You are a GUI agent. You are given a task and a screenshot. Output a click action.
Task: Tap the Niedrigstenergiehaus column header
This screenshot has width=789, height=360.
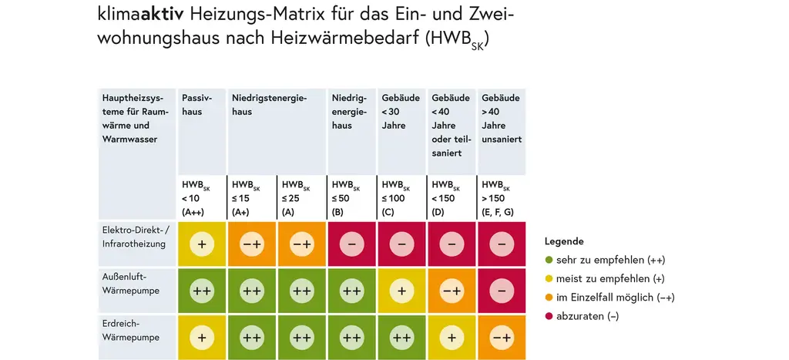coord(269,105)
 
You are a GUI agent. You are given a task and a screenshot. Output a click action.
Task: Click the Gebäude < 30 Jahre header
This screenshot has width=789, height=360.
coord(401,112)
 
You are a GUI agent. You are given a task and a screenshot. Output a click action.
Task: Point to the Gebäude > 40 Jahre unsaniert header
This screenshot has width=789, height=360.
coord(502,119)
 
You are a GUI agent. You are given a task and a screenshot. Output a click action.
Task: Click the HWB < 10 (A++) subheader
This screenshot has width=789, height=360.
coord(201,198)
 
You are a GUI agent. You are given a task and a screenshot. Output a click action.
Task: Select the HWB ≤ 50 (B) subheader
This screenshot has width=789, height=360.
coord(351,198)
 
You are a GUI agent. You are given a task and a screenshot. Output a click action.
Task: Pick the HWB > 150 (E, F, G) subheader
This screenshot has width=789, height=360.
coord(502,198)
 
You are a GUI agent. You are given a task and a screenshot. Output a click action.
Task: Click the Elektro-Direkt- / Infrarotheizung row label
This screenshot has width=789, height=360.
coord(135,237)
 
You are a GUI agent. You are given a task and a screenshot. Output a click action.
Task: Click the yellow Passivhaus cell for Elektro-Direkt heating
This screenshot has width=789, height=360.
coord(201,244)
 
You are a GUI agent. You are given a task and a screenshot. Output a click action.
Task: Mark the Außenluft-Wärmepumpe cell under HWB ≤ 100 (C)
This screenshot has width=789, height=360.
coord(401,291)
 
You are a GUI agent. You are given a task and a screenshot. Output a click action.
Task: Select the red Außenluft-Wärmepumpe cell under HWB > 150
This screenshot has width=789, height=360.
coord(502,291)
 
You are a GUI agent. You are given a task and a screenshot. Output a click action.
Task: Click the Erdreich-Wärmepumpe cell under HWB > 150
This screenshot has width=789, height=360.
coord(502,337)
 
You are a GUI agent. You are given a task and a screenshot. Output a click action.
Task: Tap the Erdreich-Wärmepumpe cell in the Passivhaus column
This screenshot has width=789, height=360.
coord(201,337)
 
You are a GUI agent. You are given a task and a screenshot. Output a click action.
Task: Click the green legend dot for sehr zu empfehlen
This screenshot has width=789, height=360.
coord(549,260)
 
